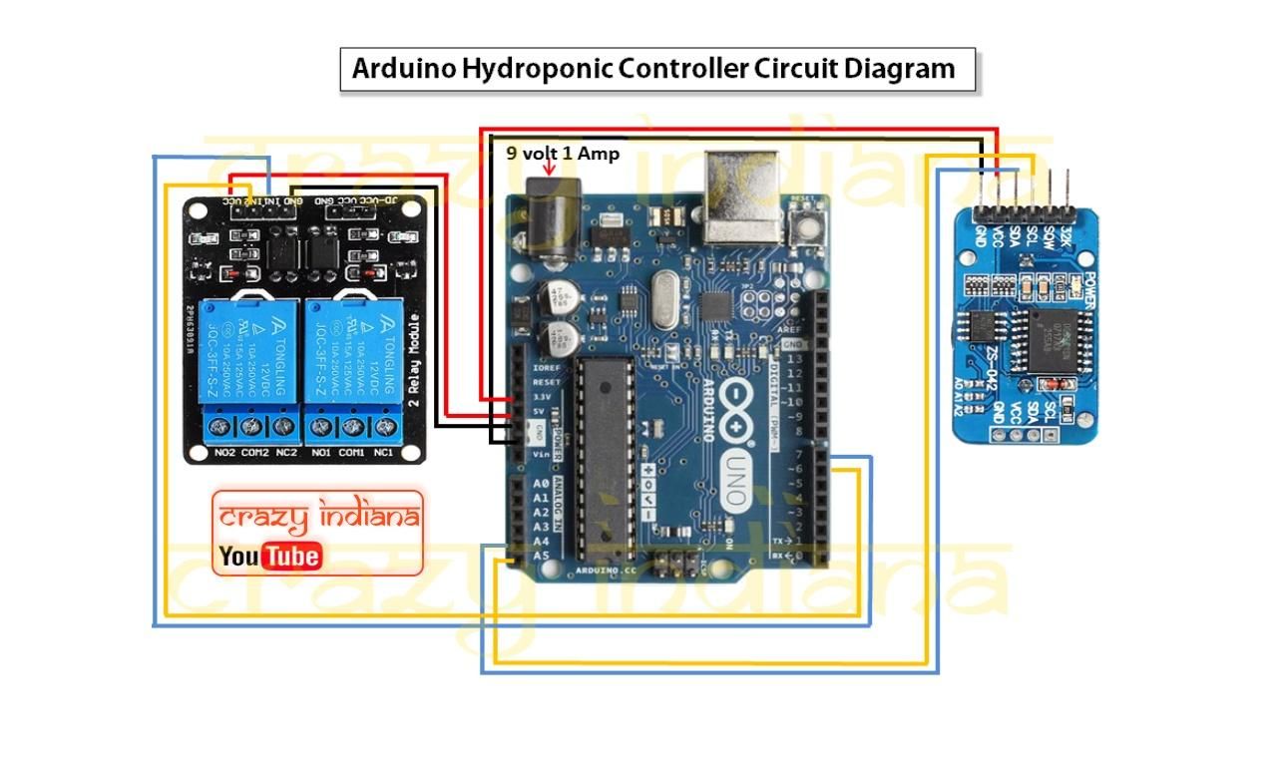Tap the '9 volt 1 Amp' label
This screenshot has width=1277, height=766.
563,154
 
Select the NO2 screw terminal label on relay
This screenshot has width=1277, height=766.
224,453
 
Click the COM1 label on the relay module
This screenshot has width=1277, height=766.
350,453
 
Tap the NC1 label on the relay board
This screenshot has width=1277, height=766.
384,453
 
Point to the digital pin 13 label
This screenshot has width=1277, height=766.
795,359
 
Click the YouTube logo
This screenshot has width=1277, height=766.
269,556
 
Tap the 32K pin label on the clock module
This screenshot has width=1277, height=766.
1065,237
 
